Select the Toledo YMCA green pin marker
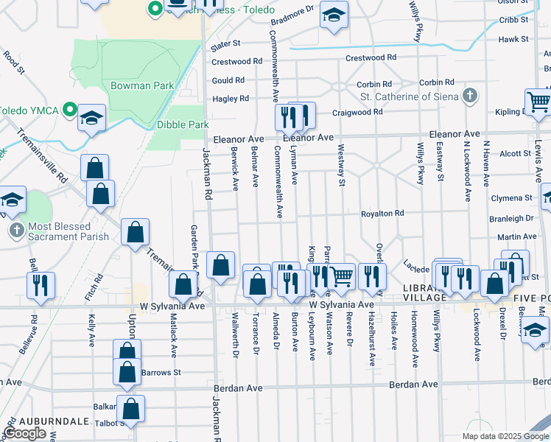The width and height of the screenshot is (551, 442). coord(70,111)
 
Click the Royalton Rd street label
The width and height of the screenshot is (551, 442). coord(382,214)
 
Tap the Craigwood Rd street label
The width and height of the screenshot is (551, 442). coord(357,112)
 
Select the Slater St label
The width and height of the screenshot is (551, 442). coord(226,44)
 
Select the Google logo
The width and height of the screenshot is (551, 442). coord(25,433)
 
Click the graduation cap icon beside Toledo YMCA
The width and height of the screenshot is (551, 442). coord(92,118)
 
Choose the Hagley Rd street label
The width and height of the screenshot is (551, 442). coord(230,99)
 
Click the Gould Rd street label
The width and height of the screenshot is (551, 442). coord(228,80)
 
